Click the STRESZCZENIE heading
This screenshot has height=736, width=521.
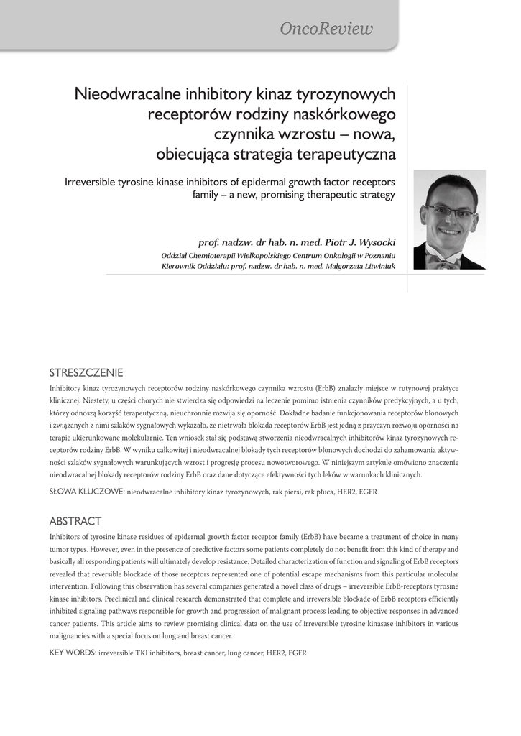(x=86, y=372)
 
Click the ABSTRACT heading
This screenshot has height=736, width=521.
(x=75, y=521)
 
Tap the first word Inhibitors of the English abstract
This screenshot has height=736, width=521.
(x=67, y=536)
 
